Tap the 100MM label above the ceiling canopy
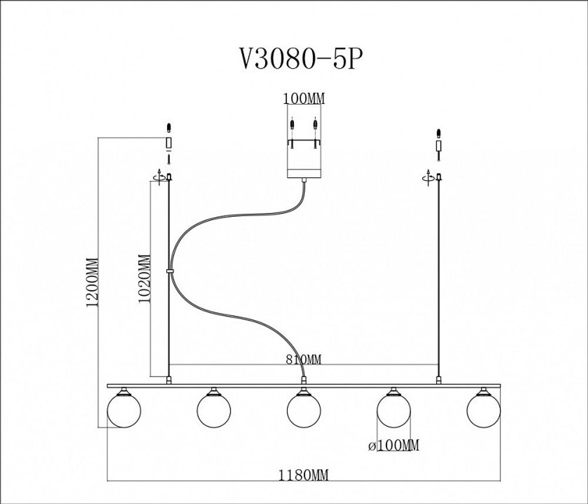pos(303,99)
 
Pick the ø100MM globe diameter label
pos(393,446)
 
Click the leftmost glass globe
pos(124,410)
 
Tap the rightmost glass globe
pos(483,410)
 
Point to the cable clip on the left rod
pos(169,271)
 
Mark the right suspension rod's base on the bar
pos(438,381)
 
